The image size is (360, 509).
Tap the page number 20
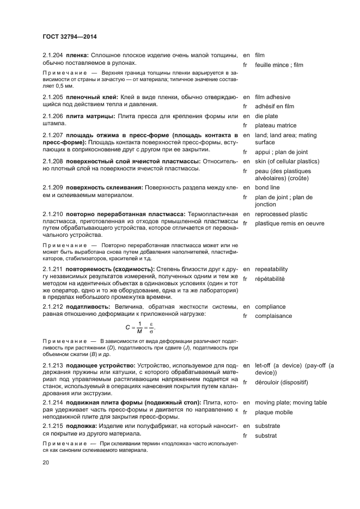tap(45, 462)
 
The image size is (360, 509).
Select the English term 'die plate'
tap(266, 116)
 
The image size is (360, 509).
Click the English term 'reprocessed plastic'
tap(281, 214)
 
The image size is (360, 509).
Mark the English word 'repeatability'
tap(271, 269)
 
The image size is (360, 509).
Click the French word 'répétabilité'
tap(270, 279)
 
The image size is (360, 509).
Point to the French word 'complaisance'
tap(273, 316)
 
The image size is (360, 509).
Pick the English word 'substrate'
tap(267, 426)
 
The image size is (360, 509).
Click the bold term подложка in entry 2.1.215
tap(83, 426)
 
